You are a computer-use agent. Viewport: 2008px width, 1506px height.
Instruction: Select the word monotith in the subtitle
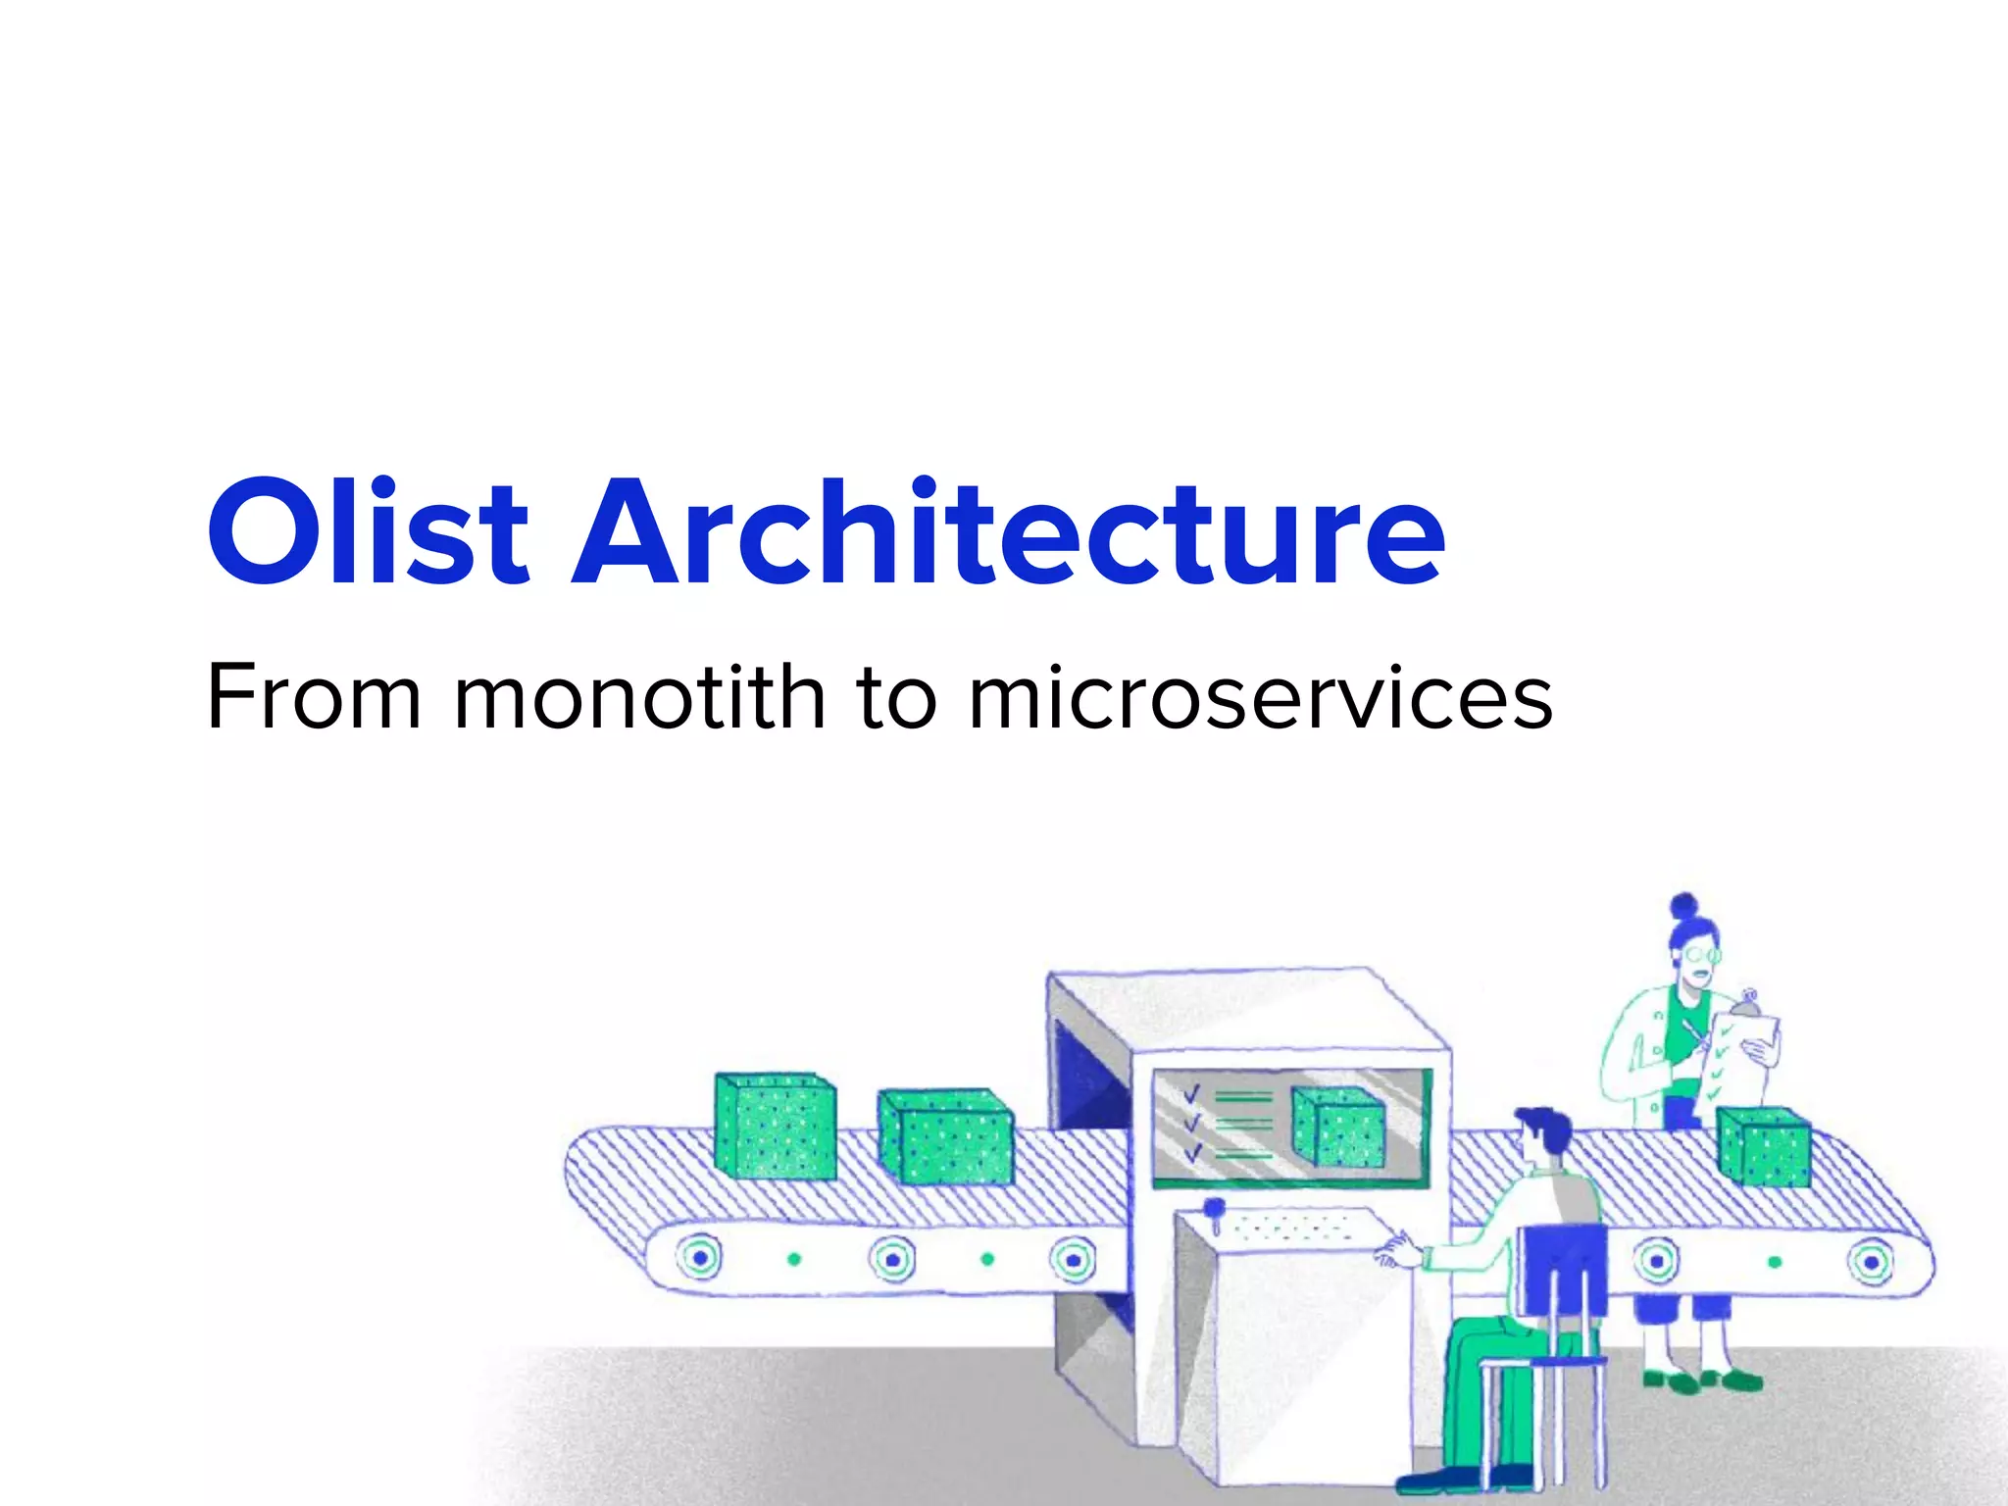pos(639,697)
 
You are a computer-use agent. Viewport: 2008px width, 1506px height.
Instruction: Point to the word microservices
pos(1260,697)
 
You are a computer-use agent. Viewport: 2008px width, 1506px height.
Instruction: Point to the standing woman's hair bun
pos(1684,904)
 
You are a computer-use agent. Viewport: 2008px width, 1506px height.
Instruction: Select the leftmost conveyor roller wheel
pos(699,1257)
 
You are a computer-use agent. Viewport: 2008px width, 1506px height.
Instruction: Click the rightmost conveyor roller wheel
pos(1870,1262)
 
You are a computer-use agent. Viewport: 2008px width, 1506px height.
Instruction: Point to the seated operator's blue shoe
pos(1436,1479)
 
